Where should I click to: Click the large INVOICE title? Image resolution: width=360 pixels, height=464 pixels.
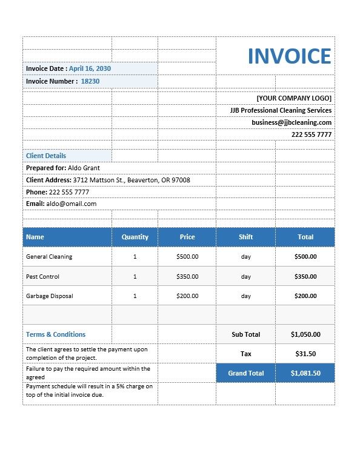(289, 56)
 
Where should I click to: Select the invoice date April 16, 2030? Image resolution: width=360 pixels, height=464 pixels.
(90, 69)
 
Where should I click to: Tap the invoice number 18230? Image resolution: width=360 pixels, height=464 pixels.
(90, 81)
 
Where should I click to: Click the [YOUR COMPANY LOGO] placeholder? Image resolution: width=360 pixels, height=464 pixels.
(294, 98)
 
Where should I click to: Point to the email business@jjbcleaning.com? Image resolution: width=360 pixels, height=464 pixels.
(292, 122)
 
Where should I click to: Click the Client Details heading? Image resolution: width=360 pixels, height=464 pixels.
(46, 156)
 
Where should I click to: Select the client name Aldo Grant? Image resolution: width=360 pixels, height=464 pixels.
(84, 168)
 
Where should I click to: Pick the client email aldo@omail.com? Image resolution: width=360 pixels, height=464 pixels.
(72, 204)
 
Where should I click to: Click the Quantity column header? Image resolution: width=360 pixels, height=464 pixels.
(135, 237)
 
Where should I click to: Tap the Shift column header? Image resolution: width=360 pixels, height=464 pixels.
(245, 237)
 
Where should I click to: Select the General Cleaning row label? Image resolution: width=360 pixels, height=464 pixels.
(49, 257)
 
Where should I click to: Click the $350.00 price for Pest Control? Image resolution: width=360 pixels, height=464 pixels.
(187, 277)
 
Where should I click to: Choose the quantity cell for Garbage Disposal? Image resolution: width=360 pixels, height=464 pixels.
(135, 296)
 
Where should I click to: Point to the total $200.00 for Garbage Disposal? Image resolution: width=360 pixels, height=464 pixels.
(305, 296)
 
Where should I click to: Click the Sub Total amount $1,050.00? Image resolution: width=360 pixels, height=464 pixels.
(305, 334)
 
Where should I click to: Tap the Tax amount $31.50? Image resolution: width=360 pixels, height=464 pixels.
(305, 354)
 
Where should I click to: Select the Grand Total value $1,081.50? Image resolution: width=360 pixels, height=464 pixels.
(305, 373)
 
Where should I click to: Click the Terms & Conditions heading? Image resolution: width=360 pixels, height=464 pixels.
(56, 334)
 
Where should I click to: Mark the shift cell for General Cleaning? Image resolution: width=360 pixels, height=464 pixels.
(245, 257)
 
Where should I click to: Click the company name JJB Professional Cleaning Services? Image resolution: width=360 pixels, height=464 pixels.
(281, 110)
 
